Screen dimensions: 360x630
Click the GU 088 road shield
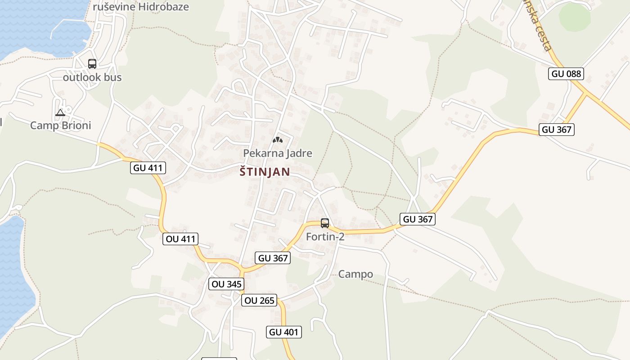[x=566, y=74]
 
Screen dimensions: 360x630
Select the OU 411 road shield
[x=180, y=239]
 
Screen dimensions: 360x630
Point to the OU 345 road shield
[x=227, y=284]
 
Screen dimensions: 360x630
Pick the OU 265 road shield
[x=259, y=300]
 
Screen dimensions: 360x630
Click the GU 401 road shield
[x=283, y=332]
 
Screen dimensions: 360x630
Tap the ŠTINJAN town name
[x=265, y=172]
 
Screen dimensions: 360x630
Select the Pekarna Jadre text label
[x=277, y=153]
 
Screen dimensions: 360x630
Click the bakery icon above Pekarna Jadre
[x=277, y=140]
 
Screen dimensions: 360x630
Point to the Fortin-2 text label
[x=325, y=236]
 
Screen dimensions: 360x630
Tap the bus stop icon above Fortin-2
[x=324, y=223]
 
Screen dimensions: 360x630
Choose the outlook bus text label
[x=92, y=77]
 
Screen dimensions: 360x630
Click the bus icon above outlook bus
[x=92, y=64]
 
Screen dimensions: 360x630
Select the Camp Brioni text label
[x=60, y=126]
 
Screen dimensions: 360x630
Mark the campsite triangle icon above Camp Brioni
[x=60, y=112]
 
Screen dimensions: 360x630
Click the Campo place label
[x=355, y=274]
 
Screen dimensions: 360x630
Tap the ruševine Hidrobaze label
[x=141, y=7]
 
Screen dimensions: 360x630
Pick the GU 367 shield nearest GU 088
[x=557, y=130]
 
